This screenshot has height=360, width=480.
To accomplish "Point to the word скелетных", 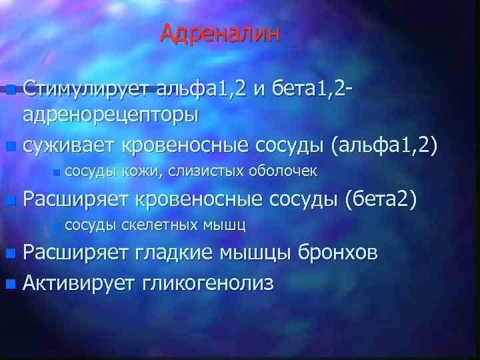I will coord(161,225).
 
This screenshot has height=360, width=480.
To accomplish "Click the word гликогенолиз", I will coord(207,283).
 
